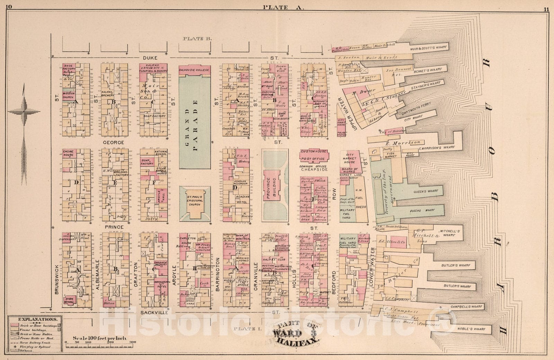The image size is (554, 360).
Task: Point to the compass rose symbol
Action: [x=24, y=112]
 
